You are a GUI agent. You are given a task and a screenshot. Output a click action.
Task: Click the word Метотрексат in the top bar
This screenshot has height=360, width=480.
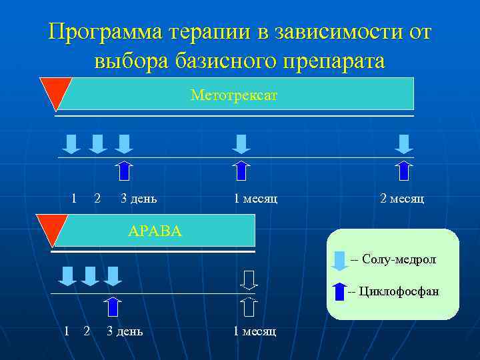coord(233,96)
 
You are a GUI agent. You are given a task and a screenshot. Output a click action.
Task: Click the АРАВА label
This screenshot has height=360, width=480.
coord(155,231)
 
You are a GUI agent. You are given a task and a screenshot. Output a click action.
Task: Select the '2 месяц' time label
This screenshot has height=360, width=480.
coord(401,198)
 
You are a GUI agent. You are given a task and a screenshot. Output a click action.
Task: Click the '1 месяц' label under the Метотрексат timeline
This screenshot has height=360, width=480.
coord(255,198)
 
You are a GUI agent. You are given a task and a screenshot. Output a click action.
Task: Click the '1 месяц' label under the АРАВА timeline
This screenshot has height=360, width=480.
coord(254,331)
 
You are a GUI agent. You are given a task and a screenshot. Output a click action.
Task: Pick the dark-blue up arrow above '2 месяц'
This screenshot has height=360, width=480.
coord(403,171)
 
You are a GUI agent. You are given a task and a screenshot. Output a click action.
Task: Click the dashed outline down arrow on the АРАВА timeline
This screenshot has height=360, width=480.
coord(248,279)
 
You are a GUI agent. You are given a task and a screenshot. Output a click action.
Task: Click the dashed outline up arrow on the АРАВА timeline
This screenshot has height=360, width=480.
coord(248,306)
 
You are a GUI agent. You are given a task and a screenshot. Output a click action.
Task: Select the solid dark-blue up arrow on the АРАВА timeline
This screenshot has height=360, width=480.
coord(113,306)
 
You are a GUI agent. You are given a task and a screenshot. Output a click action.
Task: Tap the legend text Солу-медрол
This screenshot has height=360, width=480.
coord(399,259)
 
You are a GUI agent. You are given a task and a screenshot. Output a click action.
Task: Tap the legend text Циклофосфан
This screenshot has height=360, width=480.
coord(399,291)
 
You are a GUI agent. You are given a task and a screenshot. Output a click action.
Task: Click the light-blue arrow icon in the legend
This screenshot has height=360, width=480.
coord(340,260)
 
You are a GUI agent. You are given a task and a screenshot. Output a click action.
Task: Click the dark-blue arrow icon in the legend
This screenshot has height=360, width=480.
coord(340,292)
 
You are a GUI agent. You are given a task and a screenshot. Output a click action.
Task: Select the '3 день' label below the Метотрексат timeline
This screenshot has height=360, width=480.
coord(139,198)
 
